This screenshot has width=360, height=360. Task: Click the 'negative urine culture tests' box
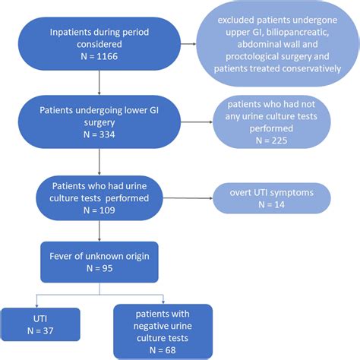click(162, 327)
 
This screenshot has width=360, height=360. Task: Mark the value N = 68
click(162, 350)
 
